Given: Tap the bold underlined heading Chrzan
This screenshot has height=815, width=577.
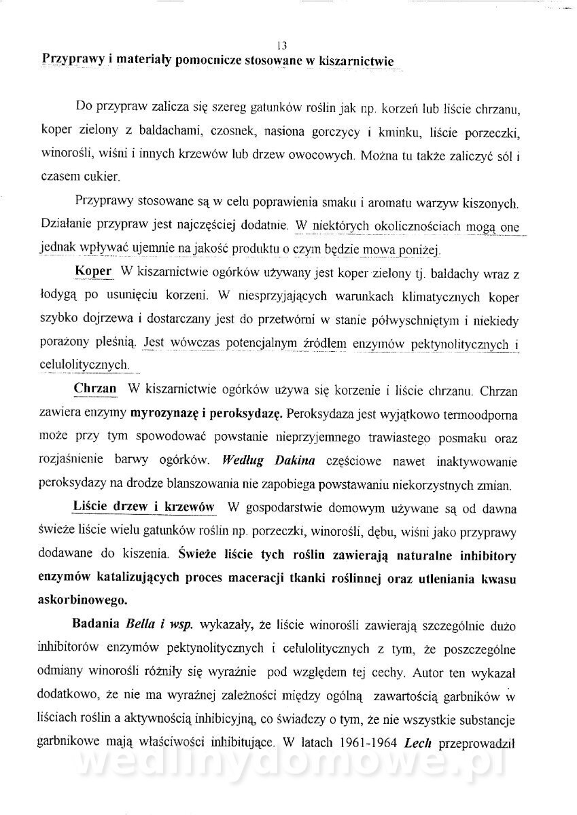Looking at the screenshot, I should pyautogui.click(x=95, y=389).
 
